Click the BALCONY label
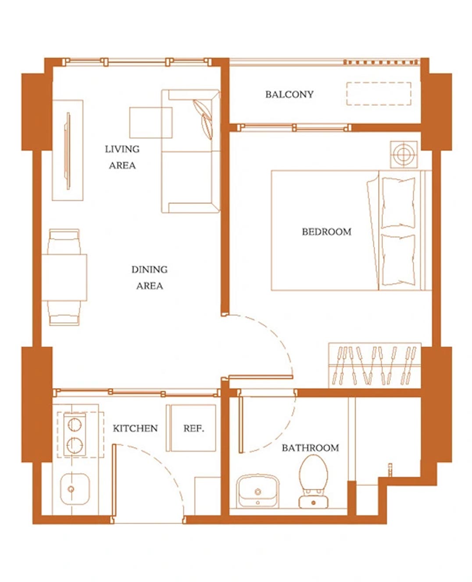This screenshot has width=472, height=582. coord(289,94)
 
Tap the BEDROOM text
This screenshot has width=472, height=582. coord(326,232)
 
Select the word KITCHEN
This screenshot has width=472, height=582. coord(135,428)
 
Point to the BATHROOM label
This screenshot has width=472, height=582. coord(311,448)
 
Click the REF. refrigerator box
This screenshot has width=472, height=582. coord(191,428)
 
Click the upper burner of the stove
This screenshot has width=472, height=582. coord(75,425)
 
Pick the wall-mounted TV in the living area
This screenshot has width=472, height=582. coord(68,151)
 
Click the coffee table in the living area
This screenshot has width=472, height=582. coord(151,123)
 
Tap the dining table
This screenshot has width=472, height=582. coord(64,277)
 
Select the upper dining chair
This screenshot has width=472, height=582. coord(64,241)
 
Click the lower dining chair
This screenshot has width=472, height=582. coord(64,313)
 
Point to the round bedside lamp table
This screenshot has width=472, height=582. coord(404,154)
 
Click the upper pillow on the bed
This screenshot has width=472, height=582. coord(398,202)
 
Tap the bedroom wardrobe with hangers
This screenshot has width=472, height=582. coord(375,365)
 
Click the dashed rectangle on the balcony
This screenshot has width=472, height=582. coord(379,93)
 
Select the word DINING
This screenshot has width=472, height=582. coord(149,269)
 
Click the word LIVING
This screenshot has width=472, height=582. coord(122,149)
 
